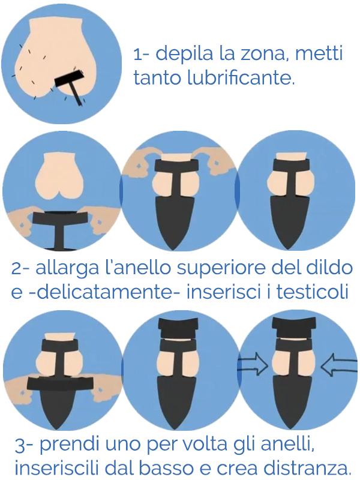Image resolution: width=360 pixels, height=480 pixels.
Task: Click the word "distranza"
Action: point(307,469)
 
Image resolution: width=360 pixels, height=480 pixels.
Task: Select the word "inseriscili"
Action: point(56,469)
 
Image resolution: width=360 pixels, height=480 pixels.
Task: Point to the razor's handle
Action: point(76,95)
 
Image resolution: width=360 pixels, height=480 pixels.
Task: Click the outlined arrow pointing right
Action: point(253,364)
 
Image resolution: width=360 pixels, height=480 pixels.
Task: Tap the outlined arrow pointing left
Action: point(339,364)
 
